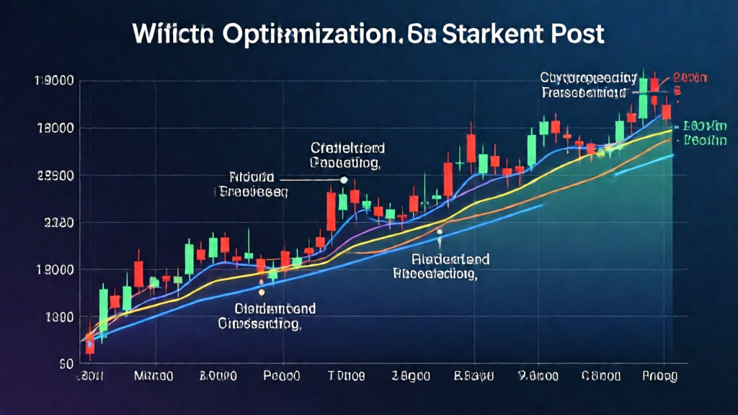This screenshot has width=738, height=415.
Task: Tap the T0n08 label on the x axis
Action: click(x=347, y=376)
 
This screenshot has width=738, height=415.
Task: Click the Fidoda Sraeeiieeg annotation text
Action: click(x=252, y=184)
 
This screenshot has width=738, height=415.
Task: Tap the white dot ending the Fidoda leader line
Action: click(x=343, y=179)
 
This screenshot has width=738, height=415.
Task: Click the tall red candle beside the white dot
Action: click(x=331, y=209)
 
